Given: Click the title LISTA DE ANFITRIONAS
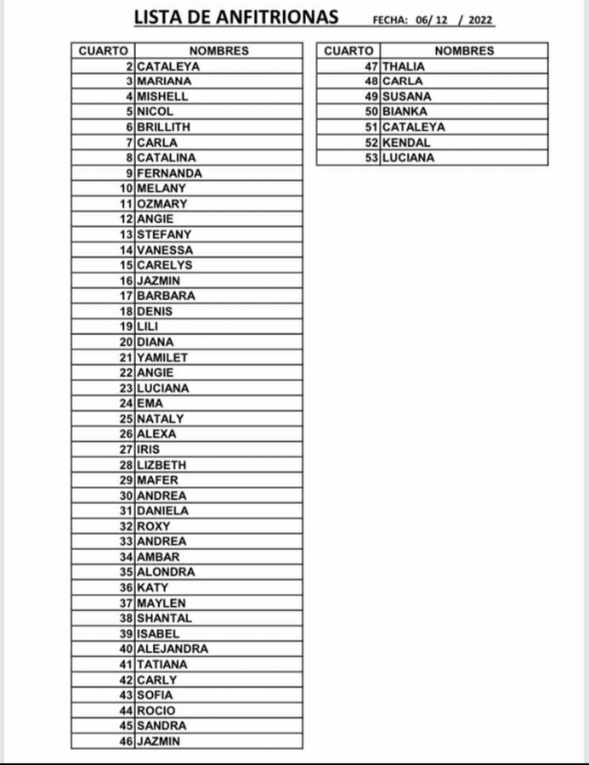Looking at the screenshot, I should coord(235,18).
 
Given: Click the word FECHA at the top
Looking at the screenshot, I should coord(390,21).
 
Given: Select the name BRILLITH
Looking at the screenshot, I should coord(164,127).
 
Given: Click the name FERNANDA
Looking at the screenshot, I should coord(169,173).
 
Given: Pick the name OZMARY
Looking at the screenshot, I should coord(162,204).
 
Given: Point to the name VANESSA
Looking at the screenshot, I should coord(164,250).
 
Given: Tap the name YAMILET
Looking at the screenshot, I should coord(163,358).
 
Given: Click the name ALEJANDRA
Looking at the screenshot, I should coord(172,648).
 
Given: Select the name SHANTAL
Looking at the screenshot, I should coord(164,618).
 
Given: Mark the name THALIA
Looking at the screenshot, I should coord(403,66).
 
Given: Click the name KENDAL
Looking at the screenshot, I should coord(405,142).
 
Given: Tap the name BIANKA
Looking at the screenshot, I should coord(404,112).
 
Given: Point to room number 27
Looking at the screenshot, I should coord(125,449).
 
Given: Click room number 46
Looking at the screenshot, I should coord(125,740).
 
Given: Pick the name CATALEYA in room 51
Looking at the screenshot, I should coord(413,127).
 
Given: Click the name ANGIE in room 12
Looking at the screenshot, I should coord(155,219).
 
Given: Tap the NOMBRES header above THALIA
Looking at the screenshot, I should coord(464,51).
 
